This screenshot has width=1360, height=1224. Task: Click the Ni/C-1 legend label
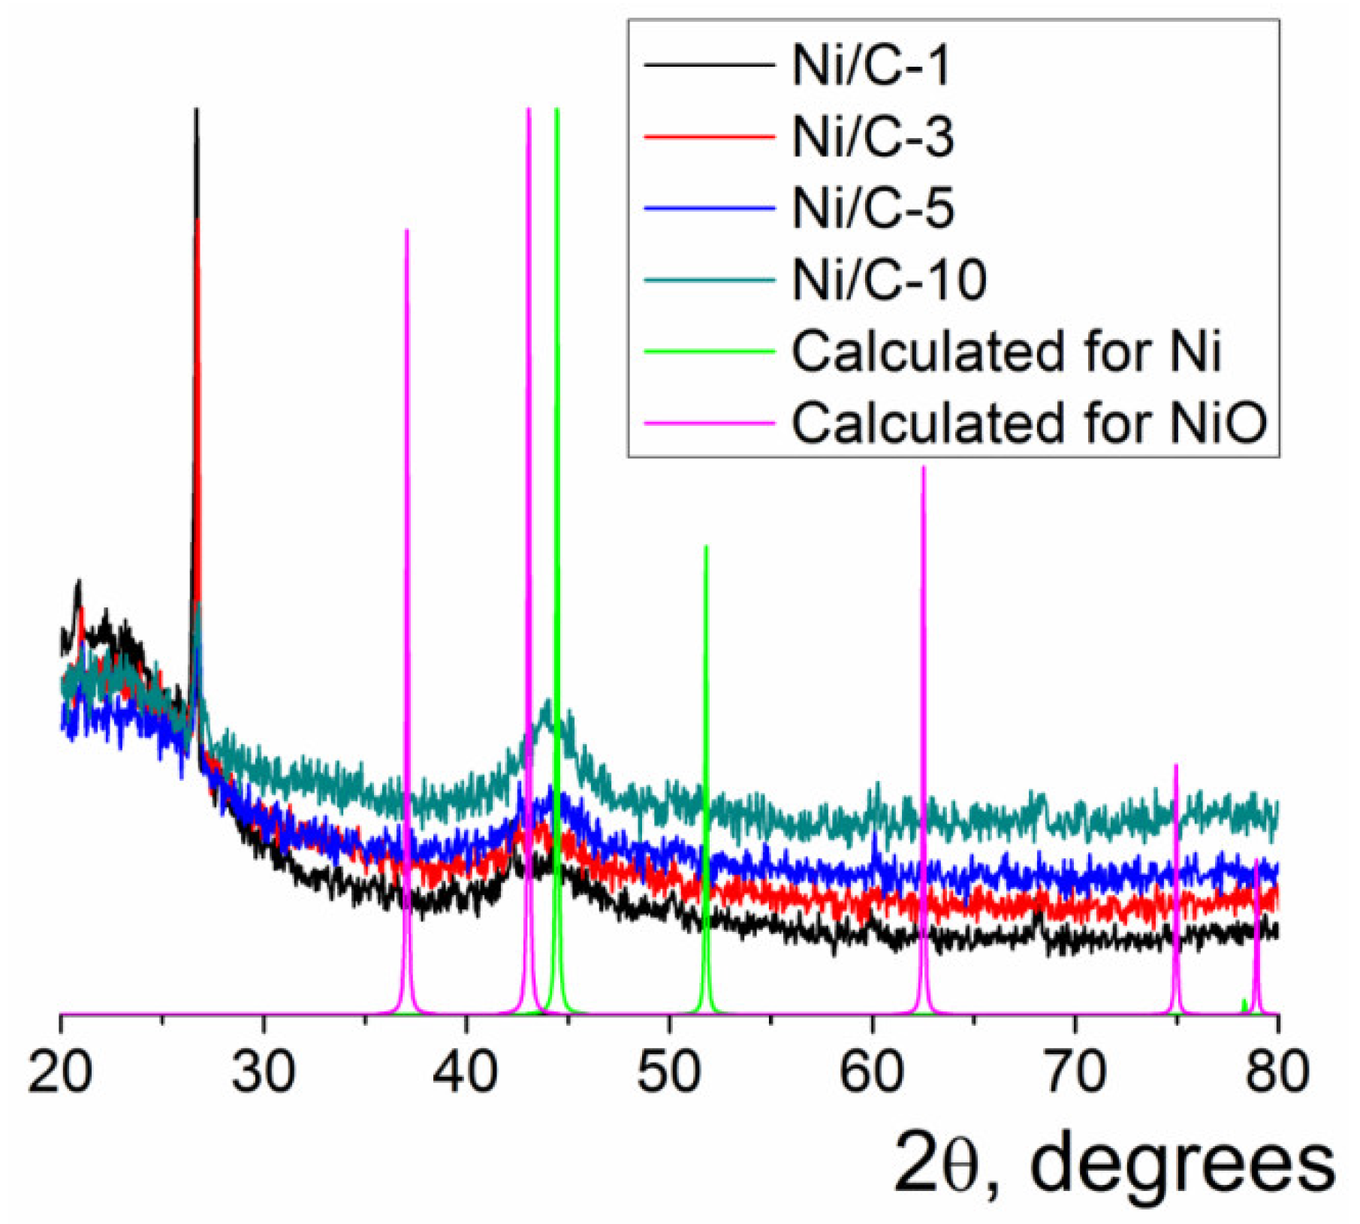(x=871, y=66)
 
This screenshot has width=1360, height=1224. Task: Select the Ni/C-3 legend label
(x=873, y=137)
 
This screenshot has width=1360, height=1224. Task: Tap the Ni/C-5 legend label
(x=873, y=208)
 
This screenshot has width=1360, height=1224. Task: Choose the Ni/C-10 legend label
(x=889, y=279)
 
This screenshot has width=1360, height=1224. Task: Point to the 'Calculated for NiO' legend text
(x=1030, y=422)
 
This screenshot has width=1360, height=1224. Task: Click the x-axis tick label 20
(x=60, y=1072)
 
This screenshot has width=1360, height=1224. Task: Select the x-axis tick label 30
(x=264, y=1072)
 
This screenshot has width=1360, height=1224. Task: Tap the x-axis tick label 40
(x=466, y=1072)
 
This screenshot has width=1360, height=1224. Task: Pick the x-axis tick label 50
(x=669, y=1072)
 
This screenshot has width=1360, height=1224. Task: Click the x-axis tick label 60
(x=872, y=1072)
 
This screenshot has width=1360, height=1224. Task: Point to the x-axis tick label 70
(x=1075, y=1072)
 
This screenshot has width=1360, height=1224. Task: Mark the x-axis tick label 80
(x=1277, y=1072)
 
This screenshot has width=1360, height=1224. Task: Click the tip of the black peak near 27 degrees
(x=196, y=110)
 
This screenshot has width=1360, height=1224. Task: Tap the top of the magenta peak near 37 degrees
(x=406, y=231)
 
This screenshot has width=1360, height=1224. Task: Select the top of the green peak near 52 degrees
(x=706, y=547)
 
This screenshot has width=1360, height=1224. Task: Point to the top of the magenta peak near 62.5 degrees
(x=923, y=468)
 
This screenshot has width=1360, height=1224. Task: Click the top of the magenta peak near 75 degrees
(x=1176, y=766)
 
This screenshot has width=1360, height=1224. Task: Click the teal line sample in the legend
(x=709, y=280)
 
